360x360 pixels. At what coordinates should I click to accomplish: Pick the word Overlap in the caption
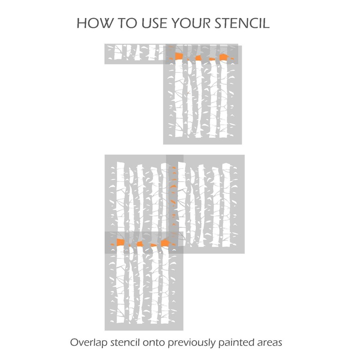click(x=89, y=342)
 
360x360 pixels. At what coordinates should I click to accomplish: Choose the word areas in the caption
click(x=269, y=343)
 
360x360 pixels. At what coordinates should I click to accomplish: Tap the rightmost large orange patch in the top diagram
click(x=224, y=57)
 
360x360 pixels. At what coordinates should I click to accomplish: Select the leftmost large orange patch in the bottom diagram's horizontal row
click(x=120, y=243)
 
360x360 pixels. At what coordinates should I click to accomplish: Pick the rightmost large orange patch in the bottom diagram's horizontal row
click(x=166, y=243)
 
